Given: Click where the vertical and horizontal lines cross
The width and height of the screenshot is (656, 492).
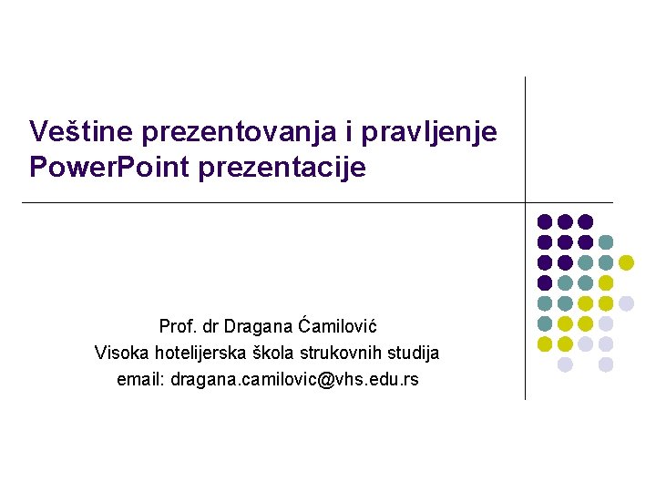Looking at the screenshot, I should point(526,202).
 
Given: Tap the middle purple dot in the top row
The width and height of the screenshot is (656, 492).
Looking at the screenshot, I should point(565,221).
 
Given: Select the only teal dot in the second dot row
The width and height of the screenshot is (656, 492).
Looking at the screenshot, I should point(606,241).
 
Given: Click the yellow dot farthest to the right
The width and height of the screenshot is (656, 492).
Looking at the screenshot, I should point(626,262).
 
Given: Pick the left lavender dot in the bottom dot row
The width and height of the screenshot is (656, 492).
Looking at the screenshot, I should point(565,364).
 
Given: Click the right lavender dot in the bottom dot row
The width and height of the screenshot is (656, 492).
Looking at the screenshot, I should point(606,364).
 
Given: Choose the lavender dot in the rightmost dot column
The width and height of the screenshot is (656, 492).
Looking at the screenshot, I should point(626,303).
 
